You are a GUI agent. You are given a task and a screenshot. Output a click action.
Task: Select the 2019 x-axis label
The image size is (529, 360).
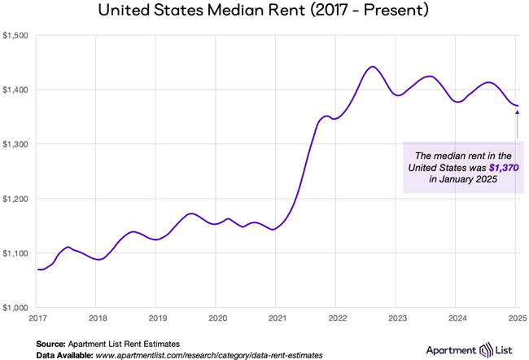coord(157,318)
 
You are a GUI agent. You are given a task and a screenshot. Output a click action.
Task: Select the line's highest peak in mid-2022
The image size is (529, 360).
coord(372,67)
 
